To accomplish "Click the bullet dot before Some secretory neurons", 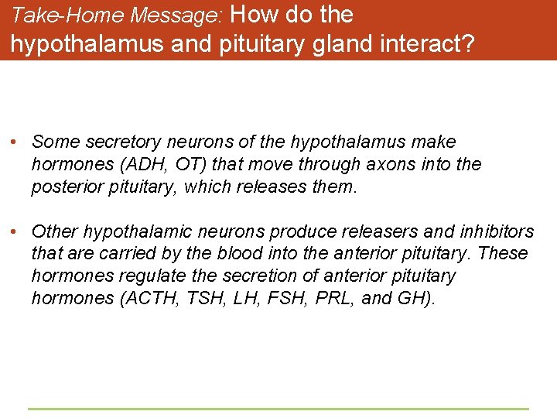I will (x=15, y=142).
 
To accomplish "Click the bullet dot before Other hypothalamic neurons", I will (x=15, y=231).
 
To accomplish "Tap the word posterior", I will (x=64, y=187).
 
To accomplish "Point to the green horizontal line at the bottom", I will (x=278, y=409).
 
